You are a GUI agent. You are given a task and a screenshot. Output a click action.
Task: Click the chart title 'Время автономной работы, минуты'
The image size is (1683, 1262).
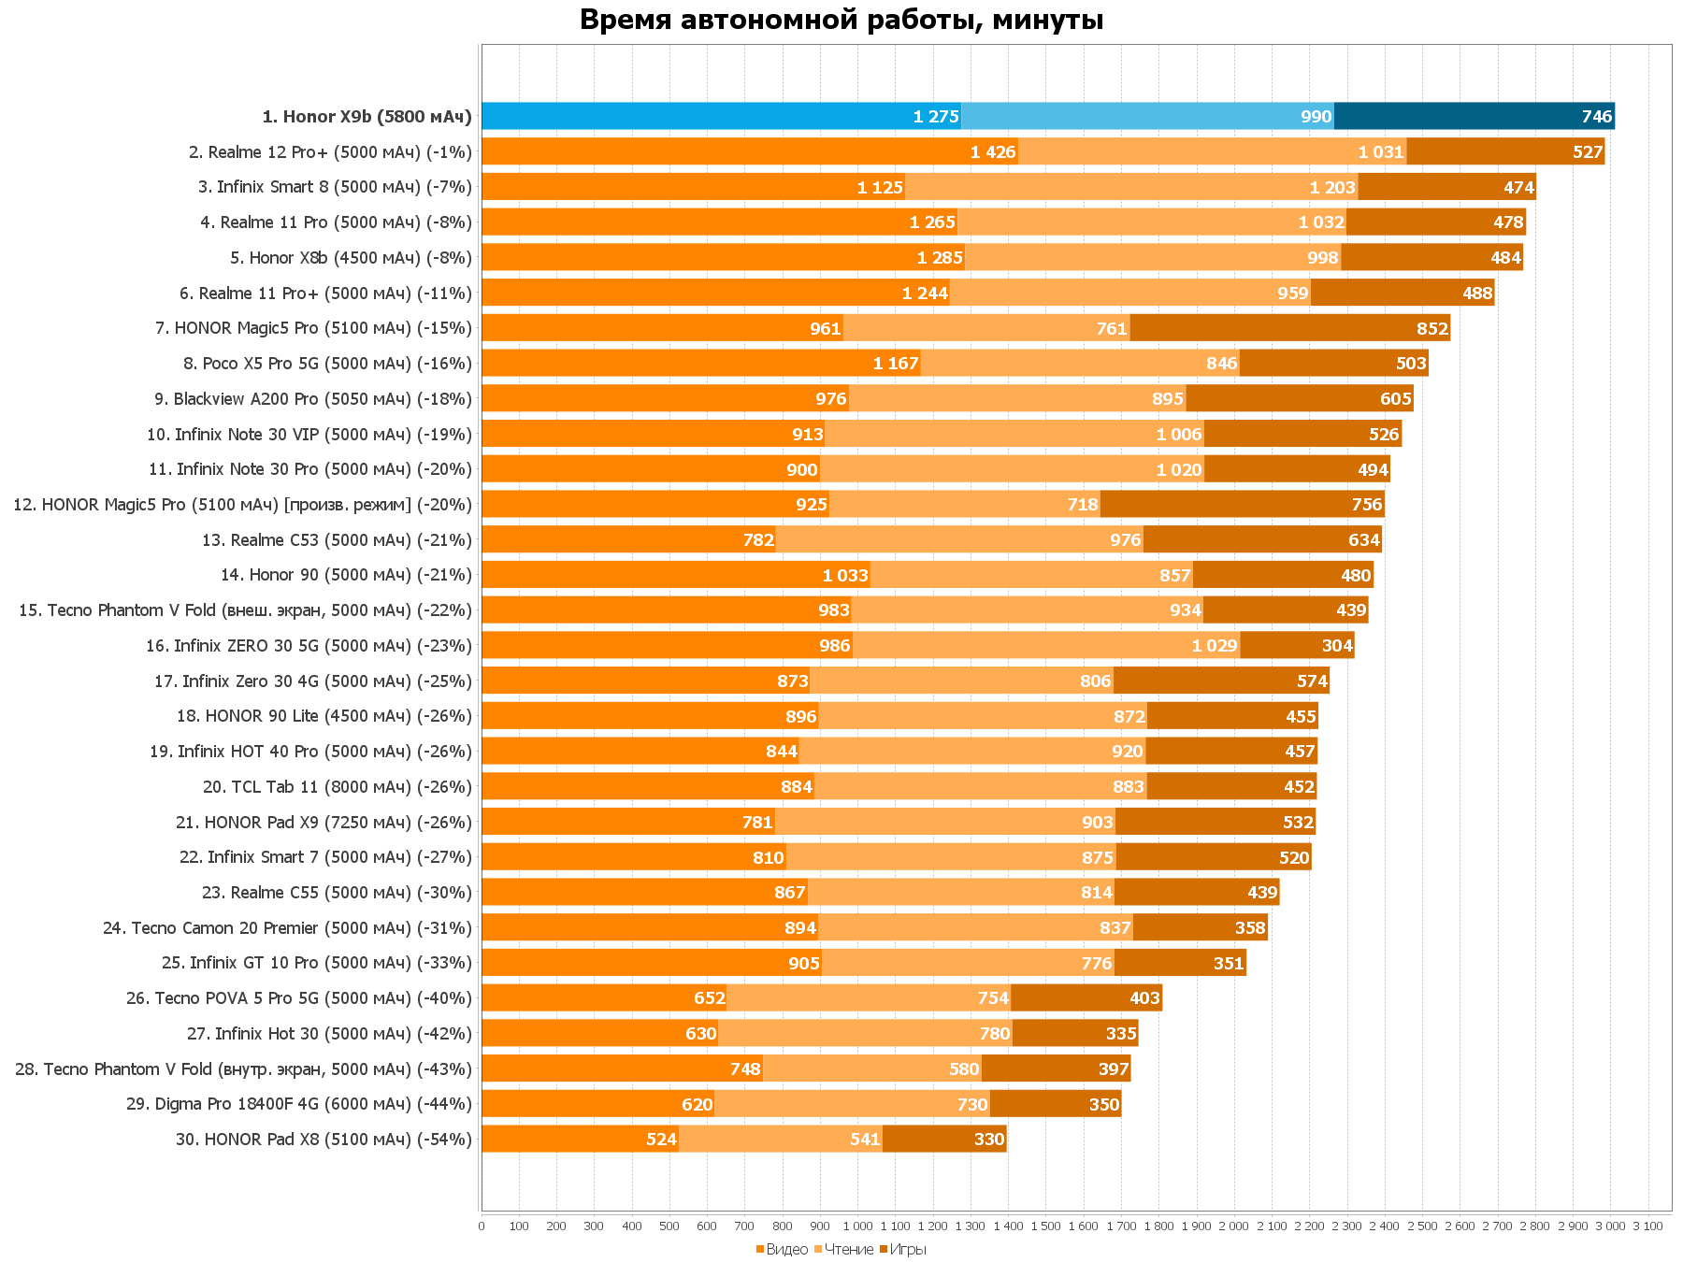pyautogui.click(x=841, y=20)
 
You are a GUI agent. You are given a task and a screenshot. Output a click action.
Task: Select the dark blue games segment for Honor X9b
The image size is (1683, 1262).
pyautogui.click(x=1474, y=117)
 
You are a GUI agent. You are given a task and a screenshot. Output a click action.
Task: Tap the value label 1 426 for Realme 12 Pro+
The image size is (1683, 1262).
pyautogui.click(x=993, y=152)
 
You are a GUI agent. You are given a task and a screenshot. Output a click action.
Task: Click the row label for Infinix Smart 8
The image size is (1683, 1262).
pyautogui.click(x=335, y=187)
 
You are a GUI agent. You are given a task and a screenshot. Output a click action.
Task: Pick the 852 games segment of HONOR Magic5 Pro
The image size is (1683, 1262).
pyautogui.click(x=1290, y=328)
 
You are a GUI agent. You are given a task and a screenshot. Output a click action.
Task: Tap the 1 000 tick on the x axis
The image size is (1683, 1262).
pyautogui.click(x=857, y=1226)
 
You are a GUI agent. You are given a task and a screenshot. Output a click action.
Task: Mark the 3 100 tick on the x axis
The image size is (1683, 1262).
pyautogui.click(x=1647, y=1226)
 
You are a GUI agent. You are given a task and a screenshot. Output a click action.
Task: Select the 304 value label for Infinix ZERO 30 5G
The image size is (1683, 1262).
pyautogui.click(x=1337, y=646)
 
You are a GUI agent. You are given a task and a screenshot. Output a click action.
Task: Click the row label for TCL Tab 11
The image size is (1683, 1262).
pyautogui.click(x=337, y=787)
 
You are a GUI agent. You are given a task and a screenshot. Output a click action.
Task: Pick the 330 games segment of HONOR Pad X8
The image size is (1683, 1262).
pyautogui.click(x=944, y=1140)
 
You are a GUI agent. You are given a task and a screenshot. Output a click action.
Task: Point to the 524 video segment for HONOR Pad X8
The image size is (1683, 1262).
pyautogui.click(x=580, y=1140)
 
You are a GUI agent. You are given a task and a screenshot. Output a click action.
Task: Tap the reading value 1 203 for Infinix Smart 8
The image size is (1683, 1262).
pyautogui.click(x=1332, y=188)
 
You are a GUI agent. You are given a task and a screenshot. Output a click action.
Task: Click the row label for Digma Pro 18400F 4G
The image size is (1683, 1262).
pyautogui.click(x=299, y=1104)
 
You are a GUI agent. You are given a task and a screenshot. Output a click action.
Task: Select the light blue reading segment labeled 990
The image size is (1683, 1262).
pyautogui.click(x=1147, y=117)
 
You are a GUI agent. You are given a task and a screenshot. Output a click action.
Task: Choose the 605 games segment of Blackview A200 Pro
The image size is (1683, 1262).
pyautogui.click(x=1300, y=399)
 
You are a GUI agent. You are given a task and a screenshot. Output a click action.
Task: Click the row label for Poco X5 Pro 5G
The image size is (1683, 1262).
pyautogui.click(x=327, y=364)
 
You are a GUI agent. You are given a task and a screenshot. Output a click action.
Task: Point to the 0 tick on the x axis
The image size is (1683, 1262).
pyautogui.click(x=482, y=1226)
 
